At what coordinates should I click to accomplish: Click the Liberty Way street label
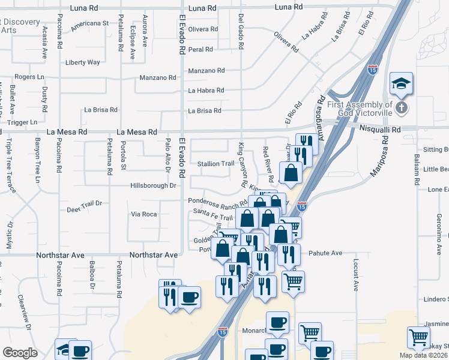click(82, 62)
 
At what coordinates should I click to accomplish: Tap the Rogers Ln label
click(30, 77)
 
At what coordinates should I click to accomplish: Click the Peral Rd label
click(200, 50)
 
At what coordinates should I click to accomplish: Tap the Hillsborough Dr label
click(152, 186)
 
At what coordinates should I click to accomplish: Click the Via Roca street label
click(144, 214)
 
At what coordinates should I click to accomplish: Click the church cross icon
click(402, 109)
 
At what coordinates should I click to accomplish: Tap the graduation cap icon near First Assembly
click(401, 82)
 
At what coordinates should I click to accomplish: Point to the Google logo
click(20, 353)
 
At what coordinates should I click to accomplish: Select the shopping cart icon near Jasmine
click(418, 337)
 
